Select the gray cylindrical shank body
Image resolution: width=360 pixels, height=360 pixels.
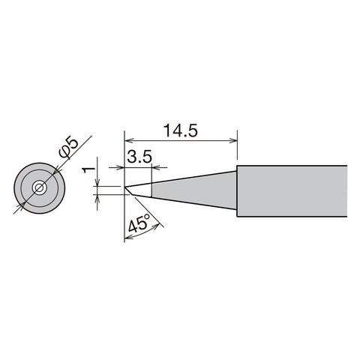pyautogui.click(x=292, y=191)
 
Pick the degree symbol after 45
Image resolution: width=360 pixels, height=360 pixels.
pyautogui.click(x=149, y=217)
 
